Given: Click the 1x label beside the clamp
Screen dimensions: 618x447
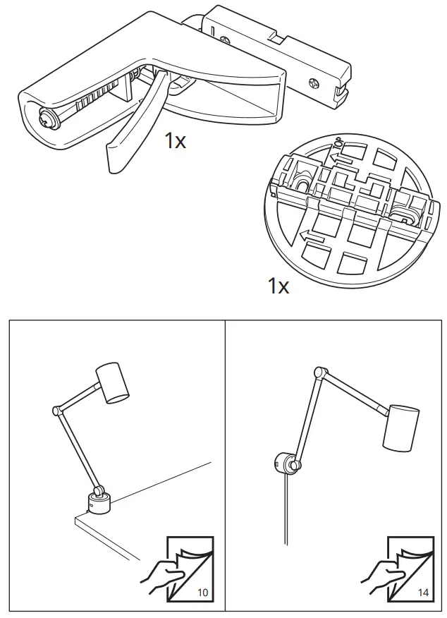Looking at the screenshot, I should pos(176,140).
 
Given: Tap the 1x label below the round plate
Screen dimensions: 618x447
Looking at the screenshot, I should pos(278,286).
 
